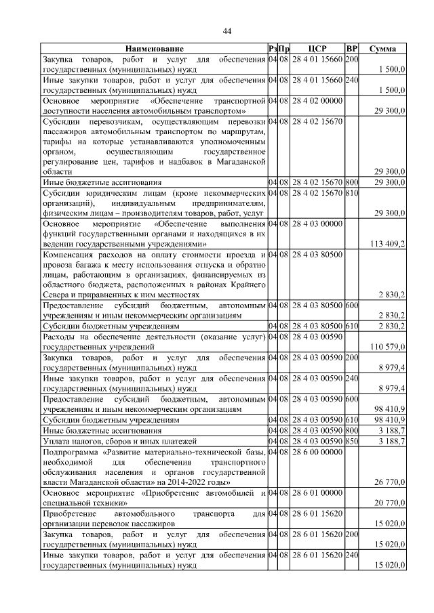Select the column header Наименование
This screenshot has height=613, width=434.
pos(154,49)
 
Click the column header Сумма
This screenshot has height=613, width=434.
pos(382,49)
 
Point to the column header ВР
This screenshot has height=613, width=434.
pos(351,49)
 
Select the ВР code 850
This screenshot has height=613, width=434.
pos(351,441)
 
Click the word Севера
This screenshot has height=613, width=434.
pos(56,295)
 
